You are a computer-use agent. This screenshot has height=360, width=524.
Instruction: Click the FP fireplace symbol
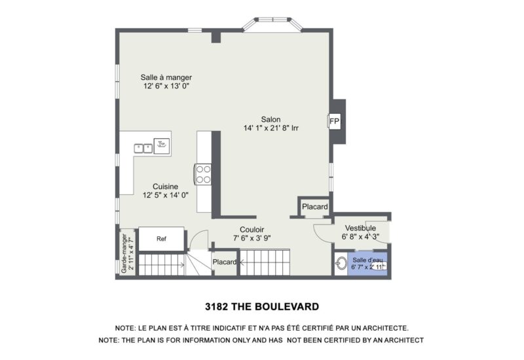pyautogui.click(x=334, y=122)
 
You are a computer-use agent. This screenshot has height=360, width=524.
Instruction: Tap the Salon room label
pyautogui.click(x=271, y=119)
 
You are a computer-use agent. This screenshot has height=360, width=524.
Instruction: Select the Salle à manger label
pyautogui.click(x=166, y=77)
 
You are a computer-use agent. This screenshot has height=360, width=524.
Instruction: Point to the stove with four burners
pyautogui.click(x=203, y=173)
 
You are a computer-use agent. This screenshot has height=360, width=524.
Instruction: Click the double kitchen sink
pyautogui.click(x=143, y=147)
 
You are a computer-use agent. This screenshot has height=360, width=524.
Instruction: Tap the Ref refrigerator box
pyautogui.click(x=161, y=239)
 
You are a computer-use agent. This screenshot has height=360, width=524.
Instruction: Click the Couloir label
pyautogui.click(x=252, y=230)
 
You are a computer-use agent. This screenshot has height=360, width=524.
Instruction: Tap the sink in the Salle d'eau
pyautogui.click(x=340, y=265)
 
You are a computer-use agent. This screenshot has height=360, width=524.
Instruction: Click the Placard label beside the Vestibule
pyautogui.click(x=314, y=207)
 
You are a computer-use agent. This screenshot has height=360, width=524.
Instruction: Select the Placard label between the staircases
pyautogui.click(x=224, y=262)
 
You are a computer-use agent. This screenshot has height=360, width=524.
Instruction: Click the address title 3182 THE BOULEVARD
pyautogui.click(x=261, y=306)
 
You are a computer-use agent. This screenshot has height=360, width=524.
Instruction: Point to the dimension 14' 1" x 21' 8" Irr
pyautogui.click(x=271, y=128)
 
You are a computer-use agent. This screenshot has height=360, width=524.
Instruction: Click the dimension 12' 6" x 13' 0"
pyautogui.click(x=166, y=86)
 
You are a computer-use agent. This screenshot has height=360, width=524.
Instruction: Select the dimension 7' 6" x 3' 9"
pyautogui.click(x=252, y=238)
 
